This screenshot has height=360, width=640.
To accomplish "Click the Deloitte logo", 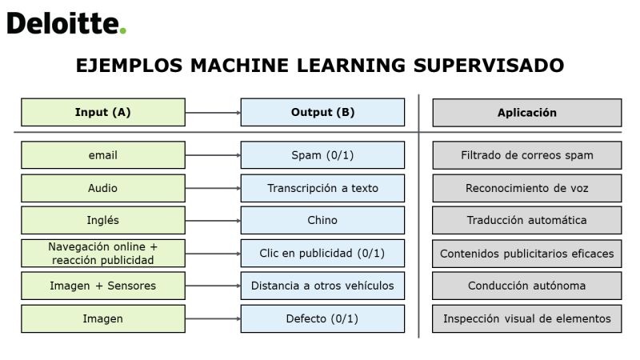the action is click(66, 23).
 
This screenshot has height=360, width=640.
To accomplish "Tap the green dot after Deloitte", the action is click(123, 30).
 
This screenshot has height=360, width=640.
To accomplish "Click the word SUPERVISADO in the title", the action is click(489, 66).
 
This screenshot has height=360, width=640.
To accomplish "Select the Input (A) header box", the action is click(103, 112).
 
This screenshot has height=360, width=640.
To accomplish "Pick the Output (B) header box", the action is click(322, 112).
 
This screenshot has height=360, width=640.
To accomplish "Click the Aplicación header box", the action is click(527, 113).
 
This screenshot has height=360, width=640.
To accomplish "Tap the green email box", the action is click(103, 155).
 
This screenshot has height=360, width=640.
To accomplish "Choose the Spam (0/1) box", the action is click(322, 155).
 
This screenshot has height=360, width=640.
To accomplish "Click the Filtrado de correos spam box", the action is click(527, 155).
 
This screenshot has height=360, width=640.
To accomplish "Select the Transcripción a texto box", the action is click(322, 188).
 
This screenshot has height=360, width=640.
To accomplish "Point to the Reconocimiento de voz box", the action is click(527, 188).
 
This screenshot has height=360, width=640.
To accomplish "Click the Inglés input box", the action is click(103, 221).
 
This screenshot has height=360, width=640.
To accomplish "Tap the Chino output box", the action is click(322, 221).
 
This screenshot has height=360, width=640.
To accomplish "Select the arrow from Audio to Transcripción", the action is click(213, 188).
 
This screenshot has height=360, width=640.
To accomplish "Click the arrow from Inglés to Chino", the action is click(213, 221).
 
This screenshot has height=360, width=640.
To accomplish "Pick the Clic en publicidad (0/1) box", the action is click(322, 254).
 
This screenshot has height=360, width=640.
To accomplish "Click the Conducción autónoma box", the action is click(527, 286).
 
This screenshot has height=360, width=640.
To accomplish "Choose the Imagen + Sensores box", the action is click(103, 286).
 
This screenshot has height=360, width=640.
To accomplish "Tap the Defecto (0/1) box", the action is click(322, 318).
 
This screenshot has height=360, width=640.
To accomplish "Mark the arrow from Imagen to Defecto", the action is click(213, 318).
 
